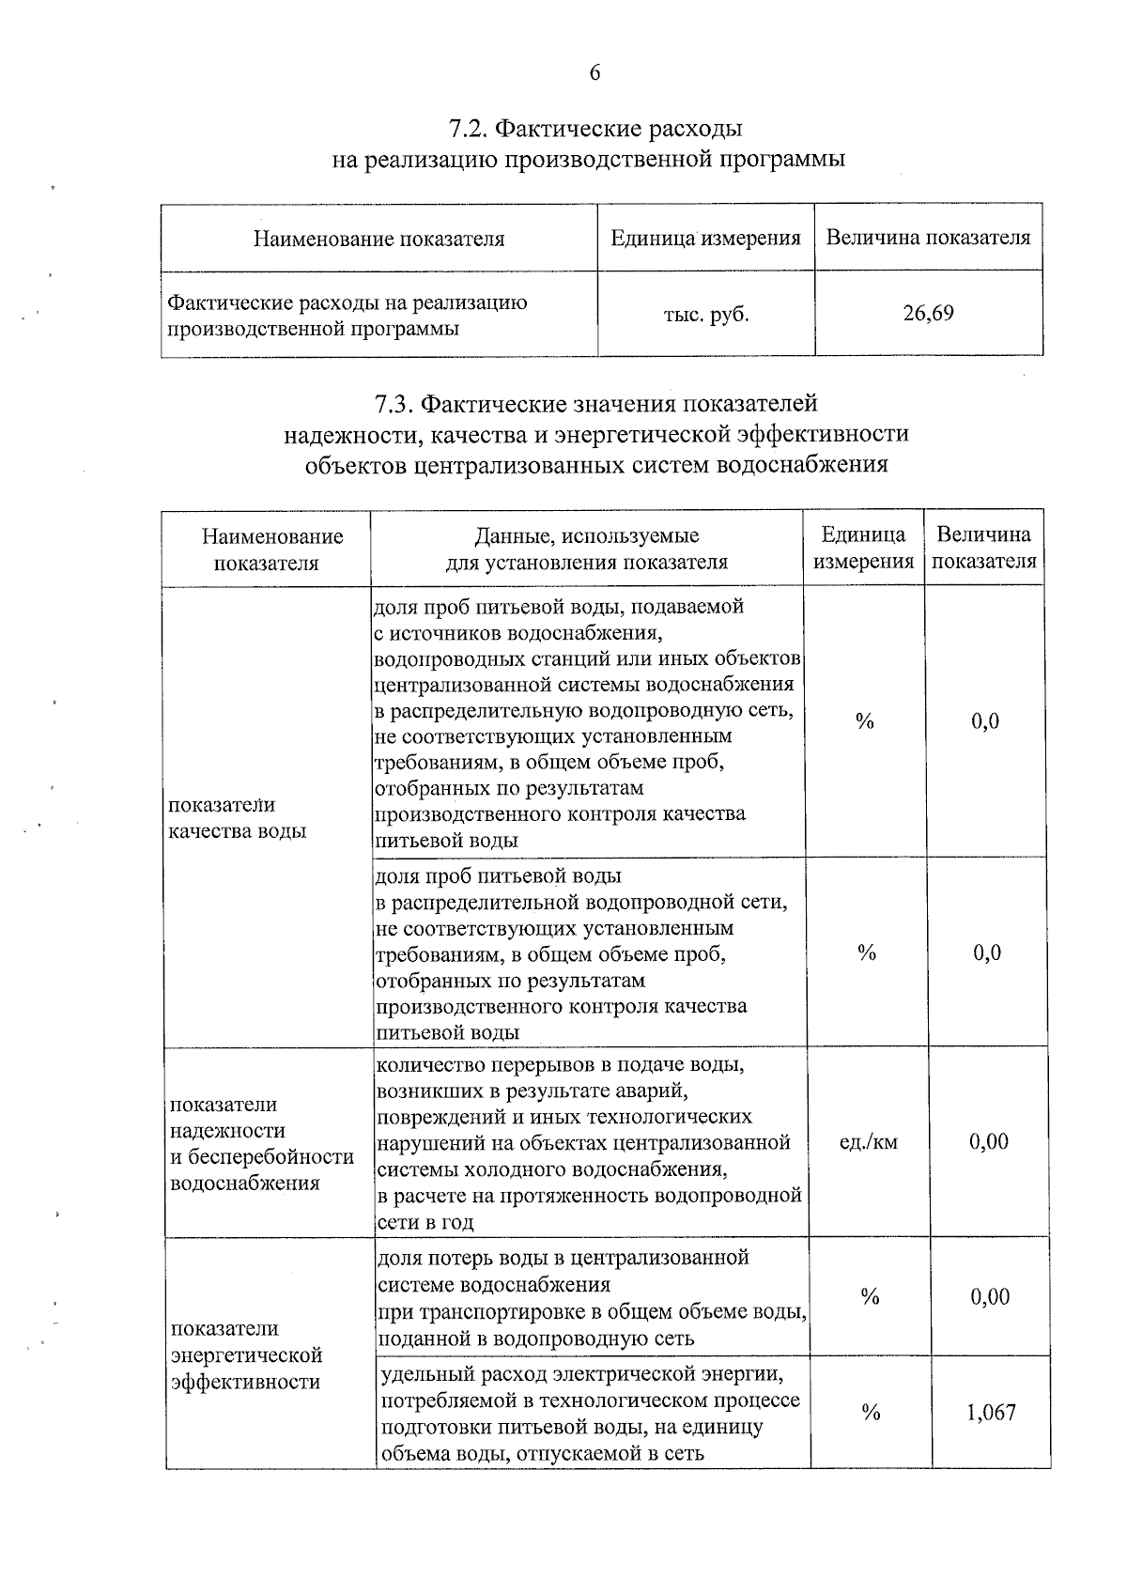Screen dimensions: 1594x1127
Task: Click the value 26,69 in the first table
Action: point(928,314)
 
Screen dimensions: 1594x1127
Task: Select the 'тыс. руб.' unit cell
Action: point(706,315)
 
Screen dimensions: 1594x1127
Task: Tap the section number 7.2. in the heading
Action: point(469,128)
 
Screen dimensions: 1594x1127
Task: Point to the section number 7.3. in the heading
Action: point(394,404)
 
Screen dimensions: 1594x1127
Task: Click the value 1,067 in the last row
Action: point(991,1413)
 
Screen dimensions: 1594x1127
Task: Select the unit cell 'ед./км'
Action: point(868,1142)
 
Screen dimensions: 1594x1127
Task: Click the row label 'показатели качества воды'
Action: point(237,818)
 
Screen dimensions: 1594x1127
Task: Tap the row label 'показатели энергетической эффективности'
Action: point(246,1355)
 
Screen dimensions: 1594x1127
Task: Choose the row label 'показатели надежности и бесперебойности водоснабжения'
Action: point(261,1143)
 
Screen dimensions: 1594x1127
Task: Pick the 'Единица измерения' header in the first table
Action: point(705,239)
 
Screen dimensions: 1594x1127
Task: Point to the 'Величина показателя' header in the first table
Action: point(928,239)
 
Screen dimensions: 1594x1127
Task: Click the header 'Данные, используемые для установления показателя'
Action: point(586,549)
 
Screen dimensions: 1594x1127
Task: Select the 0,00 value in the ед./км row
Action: point(989,1142)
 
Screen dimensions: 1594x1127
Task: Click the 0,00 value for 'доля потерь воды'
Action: point(990,1297)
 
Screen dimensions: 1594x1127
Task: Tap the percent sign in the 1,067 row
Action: point(871,1413)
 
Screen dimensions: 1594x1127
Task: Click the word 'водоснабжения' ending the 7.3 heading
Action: point(801,464)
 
